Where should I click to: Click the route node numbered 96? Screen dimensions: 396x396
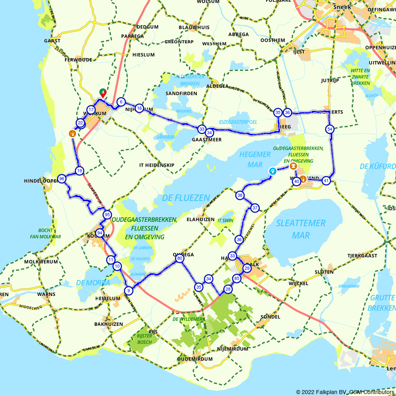point(61,179)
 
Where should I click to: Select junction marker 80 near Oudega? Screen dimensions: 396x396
point(179,259)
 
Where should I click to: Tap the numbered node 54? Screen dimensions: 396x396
point(329,129)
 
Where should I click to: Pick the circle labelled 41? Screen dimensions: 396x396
point(326,181)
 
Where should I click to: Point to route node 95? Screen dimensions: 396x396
point(107,215)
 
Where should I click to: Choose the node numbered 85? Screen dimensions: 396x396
point(237,278)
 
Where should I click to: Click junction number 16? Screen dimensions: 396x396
point(139,108)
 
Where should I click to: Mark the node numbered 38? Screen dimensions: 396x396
point(240,195)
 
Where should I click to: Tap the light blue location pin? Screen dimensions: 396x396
point(272,171)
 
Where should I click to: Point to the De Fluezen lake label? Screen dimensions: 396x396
point(186,198)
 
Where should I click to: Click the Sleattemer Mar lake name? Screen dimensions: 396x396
point(301,229)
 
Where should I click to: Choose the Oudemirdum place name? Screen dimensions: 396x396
point(195,359)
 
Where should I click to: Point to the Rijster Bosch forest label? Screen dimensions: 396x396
point(145,339)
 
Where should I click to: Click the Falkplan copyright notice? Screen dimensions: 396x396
point(345,392)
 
